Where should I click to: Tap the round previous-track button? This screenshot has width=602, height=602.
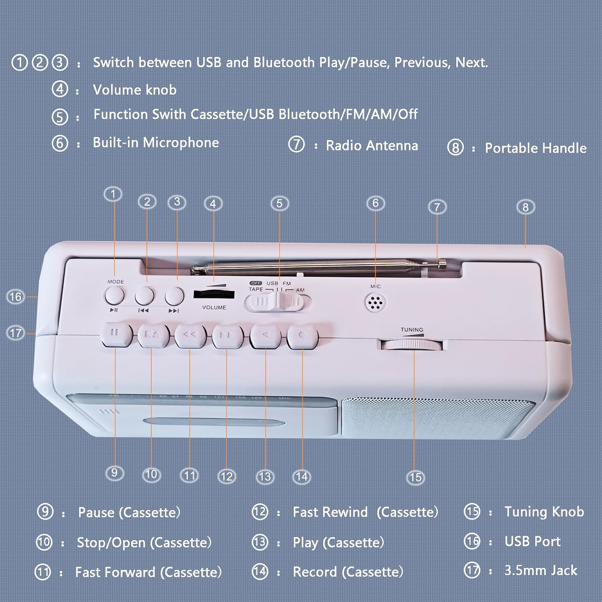click(144, 296)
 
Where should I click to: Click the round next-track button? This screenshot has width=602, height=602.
click(175, 296)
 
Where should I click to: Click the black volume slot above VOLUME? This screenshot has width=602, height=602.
click(214, 295)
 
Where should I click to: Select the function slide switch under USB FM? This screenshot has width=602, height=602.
click(278, 302)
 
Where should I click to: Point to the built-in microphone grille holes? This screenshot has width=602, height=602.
click(376, 302)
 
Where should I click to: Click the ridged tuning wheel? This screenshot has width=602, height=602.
click(412, 345)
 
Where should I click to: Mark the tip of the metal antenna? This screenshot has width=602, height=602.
click(442, 264)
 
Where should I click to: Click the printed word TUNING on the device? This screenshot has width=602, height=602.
click(412, 329)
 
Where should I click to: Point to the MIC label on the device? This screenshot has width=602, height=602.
click(376, 286)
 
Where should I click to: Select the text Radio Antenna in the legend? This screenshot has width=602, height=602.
click(372, 145)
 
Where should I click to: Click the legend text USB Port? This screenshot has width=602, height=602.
click(532, 541)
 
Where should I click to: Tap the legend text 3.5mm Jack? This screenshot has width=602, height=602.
click(541, 570)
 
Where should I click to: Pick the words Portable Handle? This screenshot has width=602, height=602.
click(535, 148)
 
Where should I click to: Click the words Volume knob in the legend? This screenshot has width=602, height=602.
click(134, 90)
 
